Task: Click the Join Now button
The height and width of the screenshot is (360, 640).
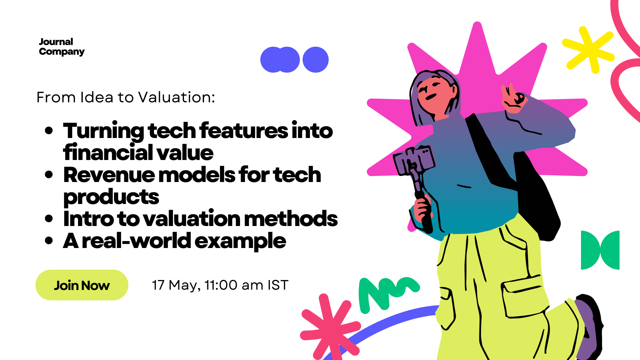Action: coord(82,285)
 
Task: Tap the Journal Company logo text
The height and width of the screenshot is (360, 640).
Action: coord(62,47)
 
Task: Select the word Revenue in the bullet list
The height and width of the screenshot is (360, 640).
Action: coord(109,175)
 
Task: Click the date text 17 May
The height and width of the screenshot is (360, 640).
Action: coord(176,286)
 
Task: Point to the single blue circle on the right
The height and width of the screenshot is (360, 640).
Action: coord(315,60)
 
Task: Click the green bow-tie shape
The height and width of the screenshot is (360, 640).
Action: coord(600,250)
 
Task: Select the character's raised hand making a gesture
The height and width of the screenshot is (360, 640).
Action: coord(513,98)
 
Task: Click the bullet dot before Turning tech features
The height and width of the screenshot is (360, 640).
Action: coord(49,130)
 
